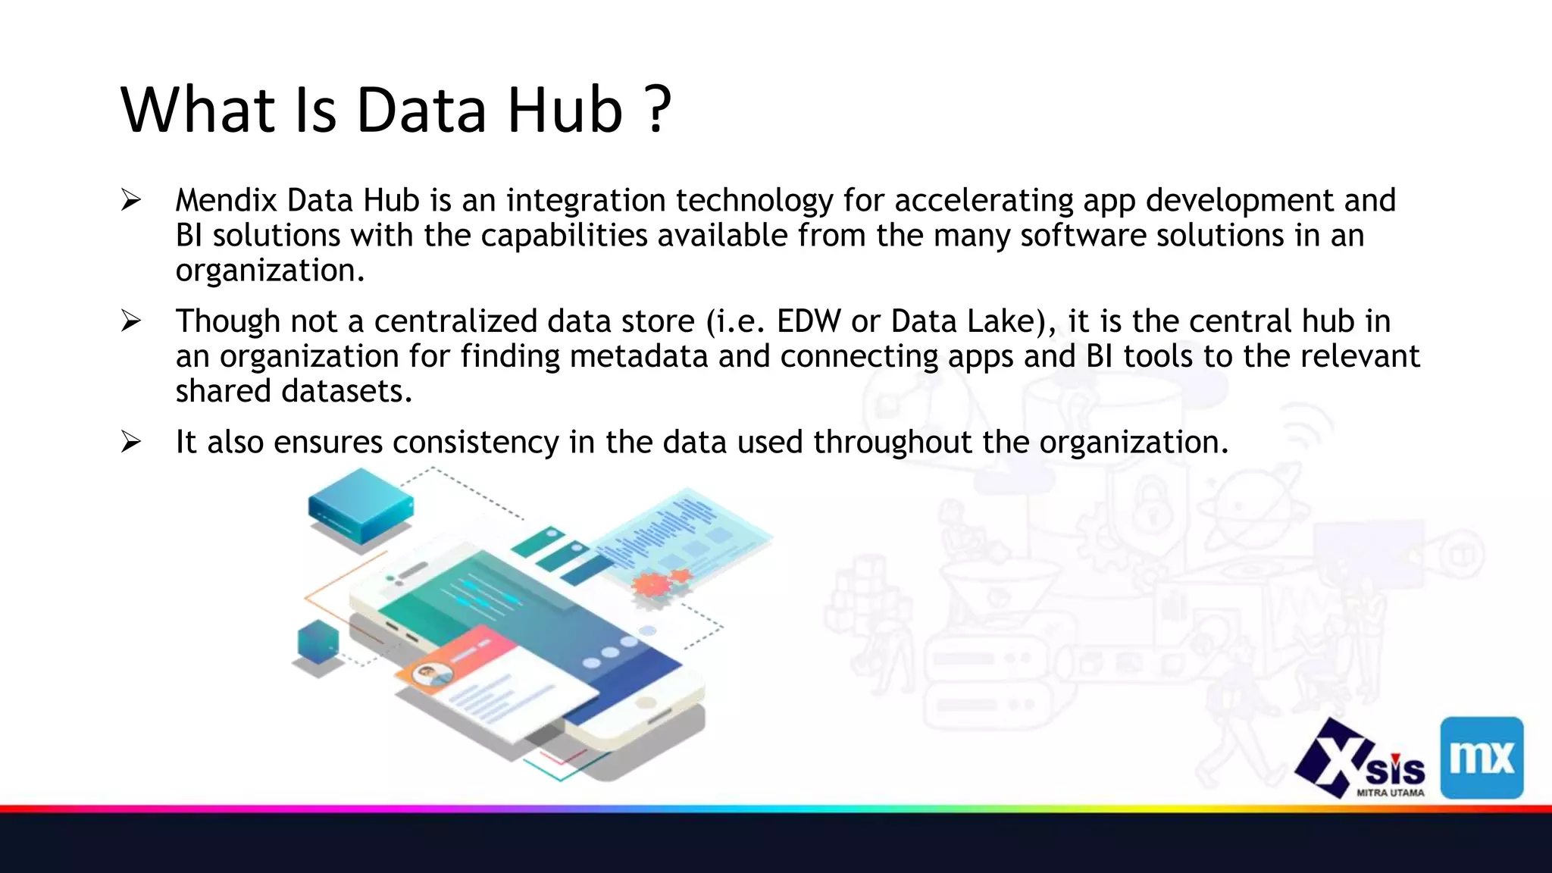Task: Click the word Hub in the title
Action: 565,110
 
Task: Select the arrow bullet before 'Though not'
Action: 131,321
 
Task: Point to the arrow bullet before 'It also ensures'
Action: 131,442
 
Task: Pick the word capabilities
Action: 564,236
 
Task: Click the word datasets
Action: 346,392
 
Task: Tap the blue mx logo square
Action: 1482,757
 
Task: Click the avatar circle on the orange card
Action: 432,674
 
